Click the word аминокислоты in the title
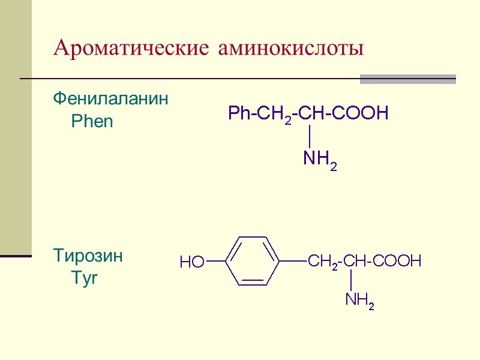pyautogui.click(x=291, y=48)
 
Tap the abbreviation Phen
pyautogui.click(x=92, y=122)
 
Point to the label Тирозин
pyautogui.click(x=88, y=256)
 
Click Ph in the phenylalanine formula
pyautogui.click(x=238, y=113)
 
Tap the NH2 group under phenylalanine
pyautogui.click(x=320, y=159)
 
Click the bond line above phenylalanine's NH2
pyautogui.click(x=308, y=135)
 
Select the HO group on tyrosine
pyautogui.click(x=192, y=262)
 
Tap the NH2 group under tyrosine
pyautogui.click(x=359, y=301)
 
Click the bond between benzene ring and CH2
pyautogui.click(x=293, y=260)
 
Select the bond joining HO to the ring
pyautogui.click(x=215, y=261)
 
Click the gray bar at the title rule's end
pyautogui.click(x=407, y=79)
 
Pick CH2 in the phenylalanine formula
pyautogui.click(x=274, y=113)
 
